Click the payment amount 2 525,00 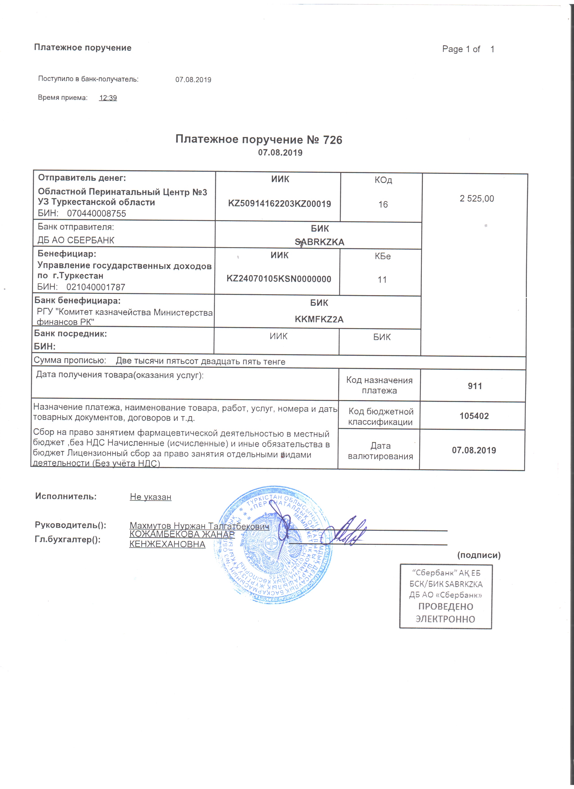tap(477, 199)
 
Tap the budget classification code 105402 tap(474, 416)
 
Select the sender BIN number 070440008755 tap(96, 214)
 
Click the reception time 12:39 tap(108, 98)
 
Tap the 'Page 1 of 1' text tap(468, 49)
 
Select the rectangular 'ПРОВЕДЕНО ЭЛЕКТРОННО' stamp tap(445, 596)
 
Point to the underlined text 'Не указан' tap(150, 497)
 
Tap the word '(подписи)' tap(479, 555)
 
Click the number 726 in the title tap(332, 140)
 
